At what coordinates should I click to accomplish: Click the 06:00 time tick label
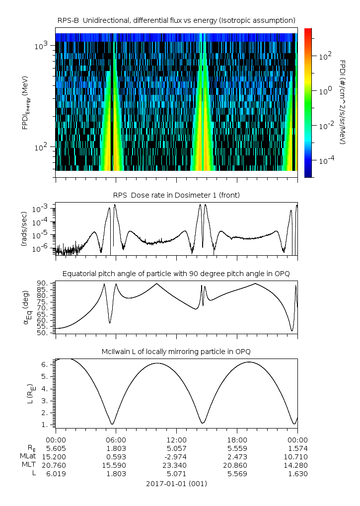pyautogui.click(x=116, y=440)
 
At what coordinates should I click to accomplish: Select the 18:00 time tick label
pyautogui.click(x=237, y=440)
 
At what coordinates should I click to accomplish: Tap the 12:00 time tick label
pyautogui.click(x=176, y=440)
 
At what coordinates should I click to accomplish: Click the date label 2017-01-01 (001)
pyautogui.click(x=176, y=483)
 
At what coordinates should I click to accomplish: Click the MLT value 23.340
pyautogui.click(x=176, y=465)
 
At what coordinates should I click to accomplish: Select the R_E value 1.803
pyautogui.click(x=116, y=447)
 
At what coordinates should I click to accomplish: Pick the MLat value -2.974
pyautogui.click(x=176, y=456)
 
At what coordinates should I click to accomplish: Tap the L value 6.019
pyautogui.click(x=56, y=474)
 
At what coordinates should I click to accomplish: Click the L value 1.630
pyautogui.click(x=297, y=474)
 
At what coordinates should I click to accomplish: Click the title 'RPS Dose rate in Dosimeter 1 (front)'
pyautogui.click(x=176, y=195)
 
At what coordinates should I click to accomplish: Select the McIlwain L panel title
pyautogui.click(x=176, y=352)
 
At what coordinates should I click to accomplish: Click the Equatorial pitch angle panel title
pyautogui.click(x=176, y=274)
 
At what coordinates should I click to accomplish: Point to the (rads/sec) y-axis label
pyautogui.click(x=23, y=229)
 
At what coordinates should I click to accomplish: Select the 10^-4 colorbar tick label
pyautogui.click(x=325, y=161)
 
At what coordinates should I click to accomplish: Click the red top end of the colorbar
pyautogui.click(x=308, y=31)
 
